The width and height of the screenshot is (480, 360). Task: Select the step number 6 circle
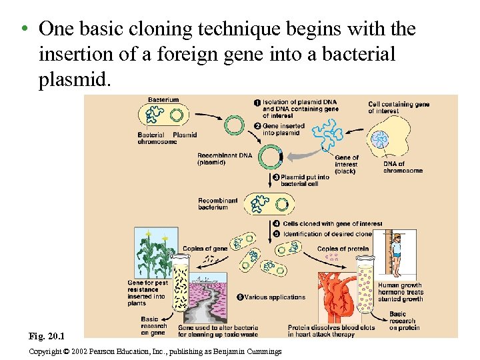[x=241, y=297]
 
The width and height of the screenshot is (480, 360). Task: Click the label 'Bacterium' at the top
[x=163, y=100]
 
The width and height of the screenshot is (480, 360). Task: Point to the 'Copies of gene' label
[x=205, y=249]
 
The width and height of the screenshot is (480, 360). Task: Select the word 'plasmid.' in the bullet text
[x=74, y=80]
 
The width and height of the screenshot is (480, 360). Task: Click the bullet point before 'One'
[x=23, y=30]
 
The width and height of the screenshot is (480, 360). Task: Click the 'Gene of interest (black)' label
[x=346, y=164]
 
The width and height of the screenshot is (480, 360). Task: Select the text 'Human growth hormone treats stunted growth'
[x=400, y=292]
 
